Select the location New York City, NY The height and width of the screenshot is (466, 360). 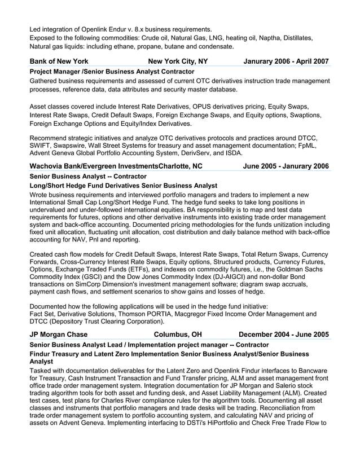[x=177, y=61]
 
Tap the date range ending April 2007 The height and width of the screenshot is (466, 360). [x=286, y=61]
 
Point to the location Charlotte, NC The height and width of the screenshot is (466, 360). [x=181, y=166]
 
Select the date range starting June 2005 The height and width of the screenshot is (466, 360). [x=286, y=166]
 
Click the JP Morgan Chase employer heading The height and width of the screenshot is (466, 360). [x=58, y=334]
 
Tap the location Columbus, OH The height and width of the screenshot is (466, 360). [x=178, y=334]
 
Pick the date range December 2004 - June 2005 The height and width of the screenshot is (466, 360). [x=284, y=334]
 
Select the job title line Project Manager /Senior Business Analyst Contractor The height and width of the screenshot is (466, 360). [x=112, y=72]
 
